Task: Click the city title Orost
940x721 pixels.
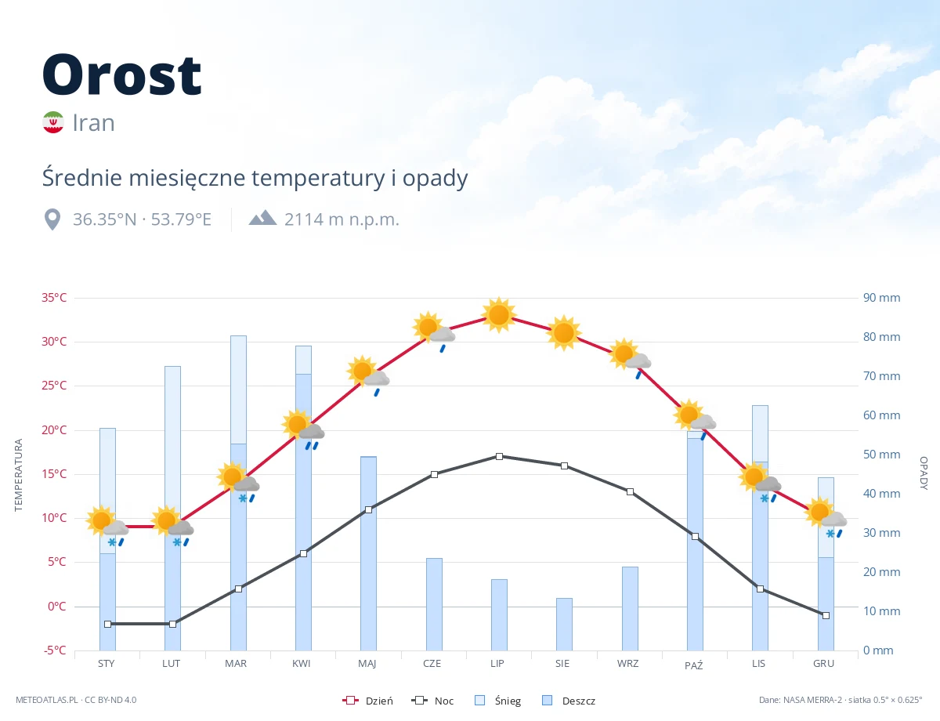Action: tap(121, 75)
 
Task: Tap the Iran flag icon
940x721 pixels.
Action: tap(53, 122)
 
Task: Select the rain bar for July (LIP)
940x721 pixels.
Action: tap(499, 615)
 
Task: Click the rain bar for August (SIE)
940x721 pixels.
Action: tap(564, 625)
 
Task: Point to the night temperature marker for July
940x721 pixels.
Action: tap(499, 457)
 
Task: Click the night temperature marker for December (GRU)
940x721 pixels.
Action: tap(826, 615)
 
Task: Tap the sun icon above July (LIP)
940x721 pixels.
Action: tap(499, 314)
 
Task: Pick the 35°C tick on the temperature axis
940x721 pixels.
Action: tap(54, 298)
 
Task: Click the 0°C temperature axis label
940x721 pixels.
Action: tap(57, 607)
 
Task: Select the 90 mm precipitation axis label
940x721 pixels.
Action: tap(881, 298)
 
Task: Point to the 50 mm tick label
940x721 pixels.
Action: tap(881, 455)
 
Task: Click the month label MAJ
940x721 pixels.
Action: tap(367, 664)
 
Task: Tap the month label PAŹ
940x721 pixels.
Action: tap(694, 665)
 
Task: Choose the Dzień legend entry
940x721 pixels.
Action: tap(367, 701)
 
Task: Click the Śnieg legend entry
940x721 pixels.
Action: tap(498, 701)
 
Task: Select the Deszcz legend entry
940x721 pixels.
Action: tap(569, 701)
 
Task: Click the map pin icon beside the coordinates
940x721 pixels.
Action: tap(52, 219)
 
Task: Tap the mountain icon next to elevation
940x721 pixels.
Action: tap(262, 218)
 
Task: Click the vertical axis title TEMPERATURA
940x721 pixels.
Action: tap(18, 475)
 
